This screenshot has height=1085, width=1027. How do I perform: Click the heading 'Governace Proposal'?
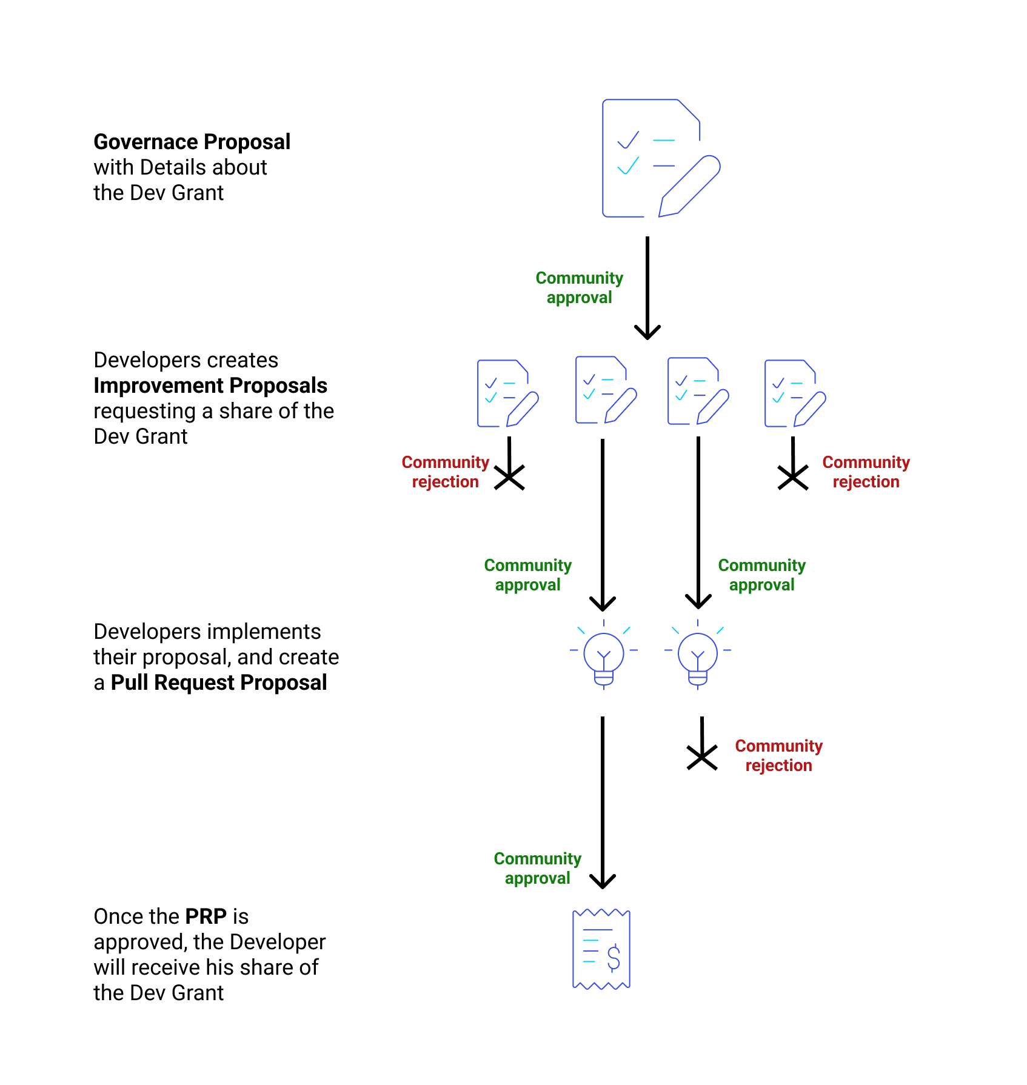(192, 142)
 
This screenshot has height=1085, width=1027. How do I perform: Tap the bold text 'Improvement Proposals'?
(210, 386)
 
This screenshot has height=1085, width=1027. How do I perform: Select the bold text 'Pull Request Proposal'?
(219, 683)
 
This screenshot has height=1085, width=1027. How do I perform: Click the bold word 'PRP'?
(206, 916)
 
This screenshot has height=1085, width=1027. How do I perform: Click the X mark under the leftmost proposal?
(509, 478)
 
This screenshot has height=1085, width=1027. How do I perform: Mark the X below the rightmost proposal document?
(793, 478)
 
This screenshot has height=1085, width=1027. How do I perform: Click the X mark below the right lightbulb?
(702, 758)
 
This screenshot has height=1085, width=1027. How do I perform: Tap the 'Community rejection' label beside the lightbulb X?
(778, 755)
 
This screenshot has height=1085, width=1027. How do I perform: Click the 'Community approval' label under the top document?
(580, 287)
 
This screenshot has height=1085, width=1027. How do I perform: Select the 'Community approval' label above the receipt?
(538, 868)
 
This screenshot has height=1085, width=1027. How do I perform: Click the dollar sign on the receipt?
(614, 958)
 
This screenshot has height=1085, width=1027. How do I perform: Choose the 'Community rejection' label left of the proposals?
(445, 472)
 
